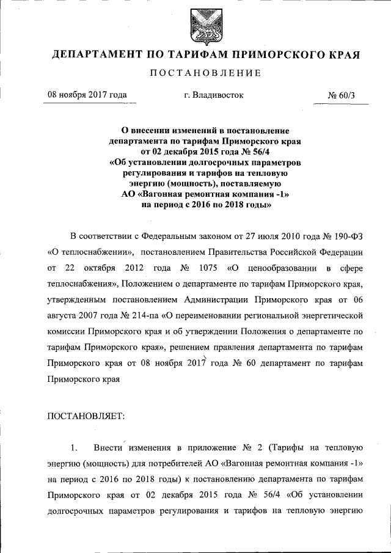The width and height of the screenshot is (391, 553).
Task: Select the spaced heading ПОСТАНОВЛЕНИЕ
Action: coord(206,73)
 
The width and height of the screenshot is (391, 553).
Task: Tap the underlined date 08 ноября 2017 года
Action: coord(87,95)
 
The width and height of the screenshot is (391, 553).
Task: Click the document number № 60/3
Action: coord(345,95)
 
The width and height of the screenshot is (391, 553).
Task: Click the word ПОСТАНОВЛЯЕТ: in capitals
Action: coord(86,416)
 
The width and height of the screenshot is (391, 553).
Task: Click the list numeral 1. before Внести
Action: coord(75,448)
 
